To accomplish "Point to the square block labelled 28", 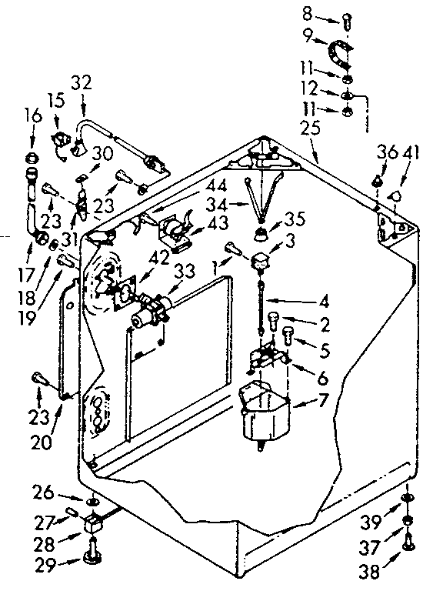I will pyautogui.click(x=93, y=526).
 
